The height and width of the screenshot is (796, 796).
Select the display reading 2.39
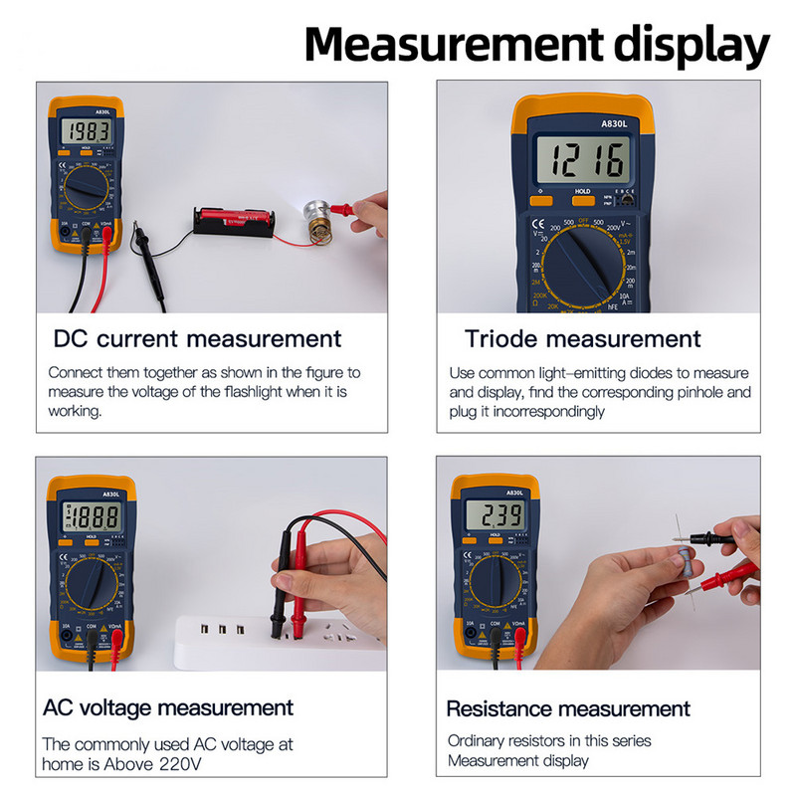point(496,515)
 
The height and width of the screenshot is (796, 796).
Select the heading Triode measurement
point(582,338)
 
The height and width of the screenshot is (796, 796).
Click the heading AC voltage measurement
point(168,707)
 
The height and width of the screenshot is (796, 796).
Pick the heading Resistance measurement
point(567,708)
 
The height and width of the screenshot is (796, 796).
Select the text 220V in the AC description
point(179,764)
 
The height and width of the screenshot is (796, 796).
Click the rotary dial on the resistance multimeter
point(495,582)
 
